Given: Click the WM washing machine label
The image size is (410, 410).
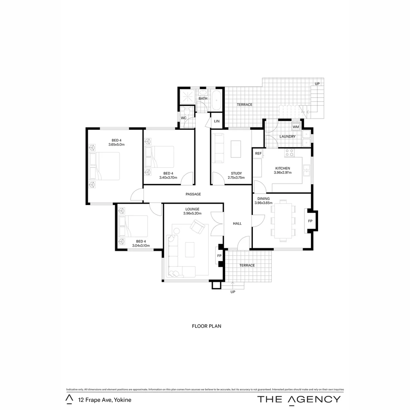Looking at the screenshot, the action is pyautogui.click(x=296, y=127).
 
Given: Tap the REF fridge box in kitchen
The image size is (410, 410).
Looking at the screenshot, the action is pyautogui.click(x=258, y=153).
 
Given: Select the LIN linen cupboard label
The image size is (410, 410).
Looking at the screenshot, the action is pyautogui.click(x=217, y=121).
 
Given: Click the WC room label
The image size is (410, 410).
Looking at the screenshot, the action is pyautogui.click(x=183, y=118).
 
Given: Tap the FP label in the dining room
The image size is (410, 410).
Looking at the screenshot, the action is pyautogui.click(x=310, y=221).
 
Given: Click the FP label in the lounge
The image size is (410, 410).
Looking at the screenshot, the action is pyautogui.click(x=219, y=256).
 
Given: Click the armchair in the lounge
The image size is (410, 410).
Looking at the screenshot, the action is pyautogui.click(x=197, y=227).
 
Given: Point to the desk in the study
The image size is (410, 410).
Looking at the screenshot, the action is pyautogui.click(x=236, y=149).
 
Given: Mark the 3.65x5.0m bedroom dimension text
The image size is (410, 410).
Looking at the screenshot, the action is pyautogui.click(x=117, y=145).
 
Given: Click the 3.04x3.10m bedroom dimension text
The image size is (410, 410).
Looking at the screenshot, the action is pyautogui.click(x=141, y=246).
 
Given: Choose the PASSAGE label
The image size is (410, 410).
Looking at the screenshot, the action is pyautogui.click(x=193, y=194).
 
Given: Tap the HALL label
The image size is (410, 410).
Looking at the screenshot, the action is pyautogui.click(x=237, y=224).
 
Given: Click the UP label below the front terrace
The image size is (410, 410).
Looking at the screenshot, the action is pyautogui.click(x=233, y=292).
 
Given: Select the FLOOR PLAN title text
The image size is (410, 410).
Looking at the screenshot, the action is pyautogui.click(x=207, y=326).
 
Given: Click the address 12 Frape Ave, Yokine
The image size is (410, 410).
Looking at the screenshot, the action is pyautogui.click(x=105, y=400).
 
